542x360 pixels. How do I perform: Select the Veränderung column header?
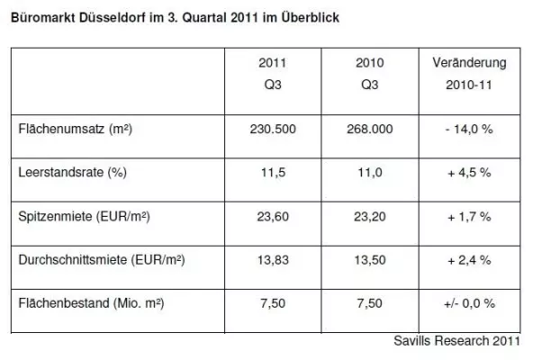pos(469,63)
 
